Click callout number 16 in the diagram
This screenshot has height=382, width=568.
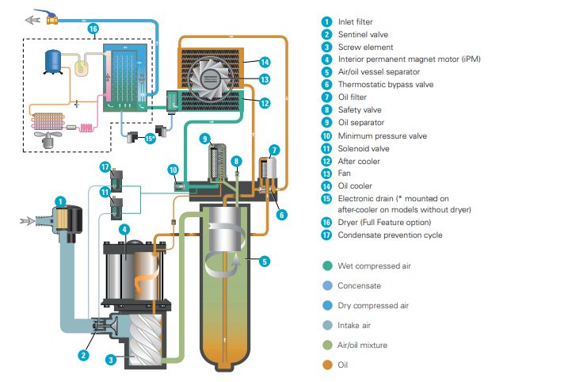coord(93,29)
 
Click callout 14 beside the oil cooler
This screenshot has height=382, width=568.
coord(265,61)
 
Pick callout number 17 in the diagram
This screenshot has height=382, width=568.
coord(105,166)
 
